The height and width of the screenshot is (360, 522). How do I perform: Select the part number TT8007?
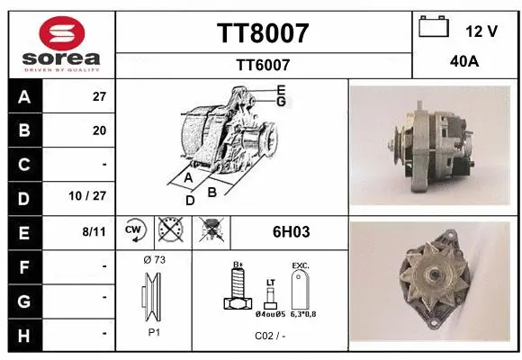coord(263,33)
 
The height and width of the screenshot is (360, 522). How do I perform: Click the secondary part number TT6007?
coord(263,65)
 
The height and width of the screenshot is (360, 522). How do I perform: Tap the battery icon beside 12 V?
coord(434,29)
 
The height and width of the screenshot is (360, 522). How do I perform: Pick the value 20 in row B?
coord(99,130)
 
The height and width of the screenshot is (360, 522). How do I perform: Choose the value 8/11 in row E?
coord(94,232)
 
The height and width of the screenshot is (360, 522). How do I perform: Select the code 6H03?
coord(291,232)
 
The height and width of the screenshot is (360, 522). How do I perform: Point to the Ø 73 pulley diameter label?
coord(154,260)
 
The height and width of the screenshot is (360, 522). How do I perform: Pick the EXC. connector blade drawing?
coord(300,290)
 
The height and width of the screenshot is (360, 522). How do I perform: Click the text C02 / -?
coord(269,336)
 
